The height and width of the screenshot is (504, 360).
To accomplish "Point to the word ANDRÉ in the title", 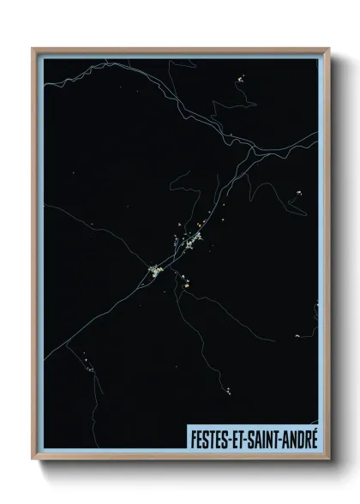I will [x=299, y=439].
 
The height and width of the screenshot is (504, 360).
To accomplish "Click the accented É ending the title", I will [x=313, y=438].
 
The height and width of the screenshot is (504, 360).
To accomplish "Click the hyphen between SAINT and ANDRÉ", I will [x=279, y=440].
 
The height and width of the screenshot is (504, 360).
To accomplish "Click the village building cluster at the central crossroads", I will [x=156, y=273].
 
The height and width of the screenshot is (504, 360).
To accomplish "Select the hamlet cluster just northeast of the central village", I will [x=190, y=243].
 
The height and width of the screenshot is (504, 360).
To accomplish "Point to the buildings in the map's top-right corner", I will [x=241, y=81].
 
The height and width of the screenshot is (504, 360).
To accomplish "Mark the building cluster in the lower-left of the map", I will [x=87, y=363].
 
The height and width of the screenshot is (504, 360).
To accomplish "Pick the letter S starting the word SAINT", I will [x=249, y=439].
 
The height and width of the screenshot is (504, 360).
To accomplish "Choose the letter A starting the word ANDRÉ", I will [x=285, y=439].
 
